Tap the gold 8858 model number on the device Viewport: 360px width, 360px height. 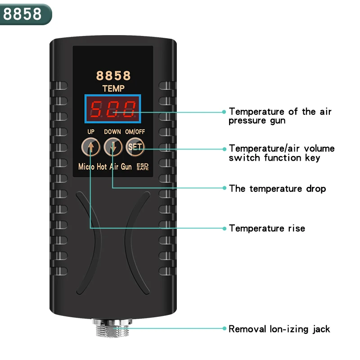pyautogui.click(x=113, y=75)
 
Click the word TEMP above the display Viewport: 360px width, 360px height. pyautogui.click(x=113, y=89)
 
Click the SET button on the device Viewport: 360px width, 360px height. pyautogui.click(x=135, y=147)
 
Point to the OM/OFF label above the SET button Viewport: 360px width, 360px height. pyautogui.click(x=135, y=132)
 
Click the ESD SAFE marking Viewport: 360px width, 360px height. pyautogui.click(x=142, y=166)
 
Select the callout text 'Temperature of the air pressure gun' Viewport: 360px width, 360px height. pyautogui.click(x=280, y=116)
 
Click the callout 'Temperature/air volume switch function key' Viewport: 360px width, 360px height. pyautogui.click(x=282, y=153)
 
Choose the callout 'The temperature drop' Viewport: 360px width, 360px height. pyautogui.click(x=277, y=188)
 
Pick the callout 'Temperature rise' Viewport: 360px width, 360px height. pyautogui.click(x=267, y=228)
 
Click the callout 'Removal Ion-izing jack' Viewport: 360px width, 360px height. pyautogui.click(x=279, y=329)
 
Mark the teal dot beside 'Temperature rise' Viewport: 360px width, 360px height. pyautogui.click(x=224, y=228)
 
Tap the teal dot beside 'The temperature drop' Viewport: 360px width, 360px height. pyautogui.click(x=224, y=188)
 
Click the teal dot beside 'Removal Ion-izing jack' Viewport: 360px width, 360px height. pyautogui.click(x=224, y=329)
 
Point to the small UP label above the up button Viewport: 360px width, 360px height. pyautogui.click(x=91, y=132)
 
